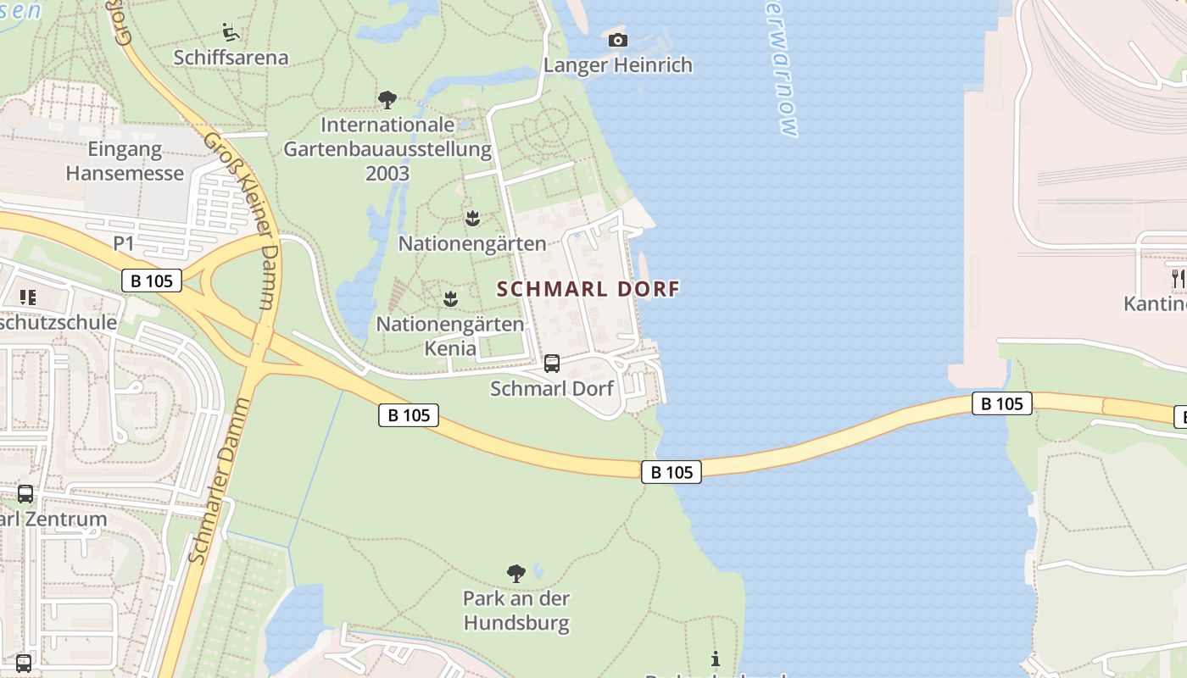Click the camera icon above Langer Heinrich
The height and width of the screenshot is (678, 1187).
click(x=618, y=40)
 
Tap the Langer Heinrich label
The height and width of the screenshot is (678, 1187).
click(x=617, y=65)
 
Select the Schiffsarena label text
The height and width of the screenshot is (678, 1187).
click(x=231, y=58)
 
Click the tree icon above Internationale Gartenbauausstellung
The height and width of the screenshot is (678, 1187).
click(x=387, y=100)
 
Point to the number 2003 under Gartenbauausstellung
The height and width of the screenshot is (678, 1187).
click(x=387, y=174)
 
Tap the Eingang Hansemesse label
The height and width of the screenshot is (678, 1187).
click(x=125, y=162)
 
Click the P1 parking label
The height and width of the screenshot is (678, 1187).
click(x=124, y=244)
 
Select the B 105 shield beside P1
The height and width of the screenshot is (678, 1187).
click(x=152, y=281)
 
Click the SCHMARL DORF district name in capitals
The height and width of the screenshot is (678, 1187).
click(x=588, y=289)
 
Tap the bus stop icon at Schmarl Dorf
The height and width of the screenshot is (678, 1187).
click(x=552, y=364)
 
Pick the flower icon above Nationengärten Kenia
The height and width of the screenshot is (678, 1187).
click(x=450, y=298)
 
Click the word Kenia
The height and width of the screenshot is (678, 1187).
click(x=450, y=347)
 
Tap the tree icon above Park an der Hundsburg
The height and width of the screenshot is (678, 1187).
click(x=515, y=574)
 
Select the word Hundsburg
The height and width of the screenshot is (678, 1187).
click(x=515, y=625)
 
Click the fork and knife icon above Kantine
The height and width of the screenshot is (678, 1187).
click(x=1177, y=278)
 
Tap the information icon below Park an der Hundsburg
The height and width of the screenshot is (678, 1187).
click(x=716, y=659)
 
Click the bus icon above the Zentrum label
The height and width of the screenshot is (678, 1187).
click(x=25, y=494)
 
